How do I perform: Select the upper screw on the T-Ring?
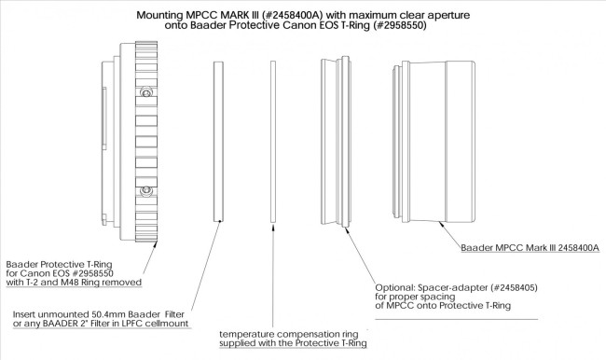tap(146, 94)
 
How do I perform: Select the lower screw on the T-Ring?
tap(146, 191)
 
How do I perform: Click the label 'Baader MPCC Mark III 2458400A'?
tap(529, 249)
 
